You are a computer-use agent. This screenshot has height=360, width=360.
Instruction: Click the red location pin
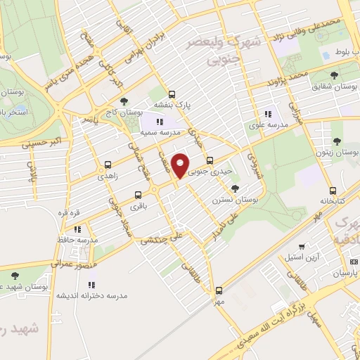(x=181, y=165)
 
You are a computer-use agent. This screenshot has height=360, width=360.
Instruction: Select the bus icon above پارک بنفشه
(x=172, y=95)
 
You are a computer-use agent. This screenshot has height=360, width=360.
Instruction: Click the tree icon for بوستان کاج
(x=124, y=101)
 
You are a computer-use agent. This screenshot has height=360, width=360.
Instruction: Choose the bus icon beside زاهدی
(x=108, y=165)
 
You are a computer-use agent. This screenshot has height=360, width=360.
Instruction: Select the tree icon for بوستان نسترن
(x=235, y=188)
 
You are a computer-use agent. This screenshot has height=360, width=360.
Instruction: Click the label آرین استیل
(x=302, y=258)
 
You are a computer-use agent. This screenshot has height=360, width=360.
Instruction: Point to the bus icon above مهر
(x=219, y=290)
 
